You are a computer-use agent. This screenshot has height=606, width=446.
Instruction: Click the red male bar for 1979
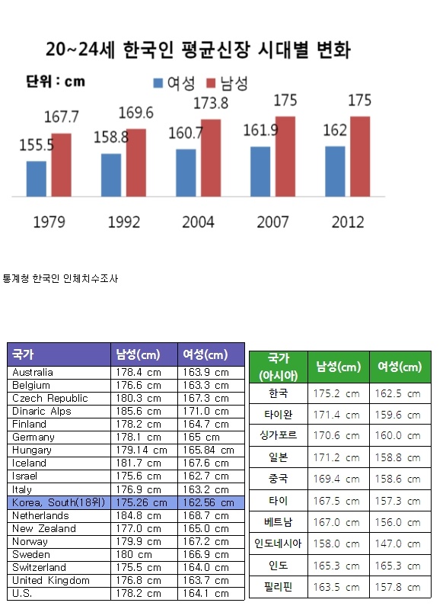click(62, 165)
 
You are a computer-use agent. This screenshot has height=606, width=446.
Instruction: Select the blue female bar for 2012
click(335, 172)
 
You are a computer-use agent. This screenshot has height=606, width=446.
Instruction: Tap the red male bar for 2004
click(211, 158)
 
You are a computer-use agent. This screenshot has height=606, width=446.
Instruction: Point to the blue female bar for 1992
click(111, 175)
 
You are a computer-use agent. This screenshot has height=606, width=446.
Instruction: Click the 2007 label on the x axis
click(272, 223)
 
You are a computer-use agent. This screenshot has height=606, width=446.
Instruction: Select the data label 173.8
click(211, 104)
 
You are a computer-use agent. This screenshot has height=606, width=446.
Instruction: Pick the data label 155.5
click(37, 146)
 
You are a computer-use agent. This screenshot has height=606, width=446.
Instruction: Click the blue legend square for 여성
click(158, 83)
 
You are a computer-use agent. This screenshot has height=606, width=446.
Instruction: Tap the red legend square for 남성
click(211, 83)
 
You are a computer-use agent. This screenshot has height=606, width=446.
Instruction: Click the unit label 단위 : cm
click(56, 82)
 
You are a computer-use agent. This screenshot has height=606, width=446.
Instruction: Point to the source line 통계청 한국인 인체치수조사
click(60, 279)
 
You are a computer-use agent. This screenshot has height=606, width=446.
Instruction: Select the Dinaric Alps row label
click(42, 411)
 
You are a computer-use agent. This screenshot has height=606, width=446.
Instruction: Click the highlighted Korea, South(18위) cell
click(59, 502)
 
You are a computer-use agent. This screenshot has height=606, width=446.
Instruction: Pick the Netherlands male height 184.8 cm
click(139, 515)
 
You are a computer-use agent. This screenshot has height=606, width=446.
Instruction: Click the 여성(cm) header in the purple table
click(205, 354)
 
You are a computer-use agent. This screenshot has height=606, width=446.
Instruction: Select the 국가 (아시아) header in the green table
click(278, 367)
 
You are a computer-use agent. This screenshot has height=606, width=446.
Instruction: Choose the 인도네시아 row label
click(278, 543)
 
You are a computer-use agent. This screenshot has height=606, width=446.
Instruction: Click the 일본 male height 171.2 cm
click(336, 457)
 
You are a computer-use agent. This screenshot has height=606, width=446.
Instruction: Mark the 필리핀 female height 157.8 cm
click(398, 588)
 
